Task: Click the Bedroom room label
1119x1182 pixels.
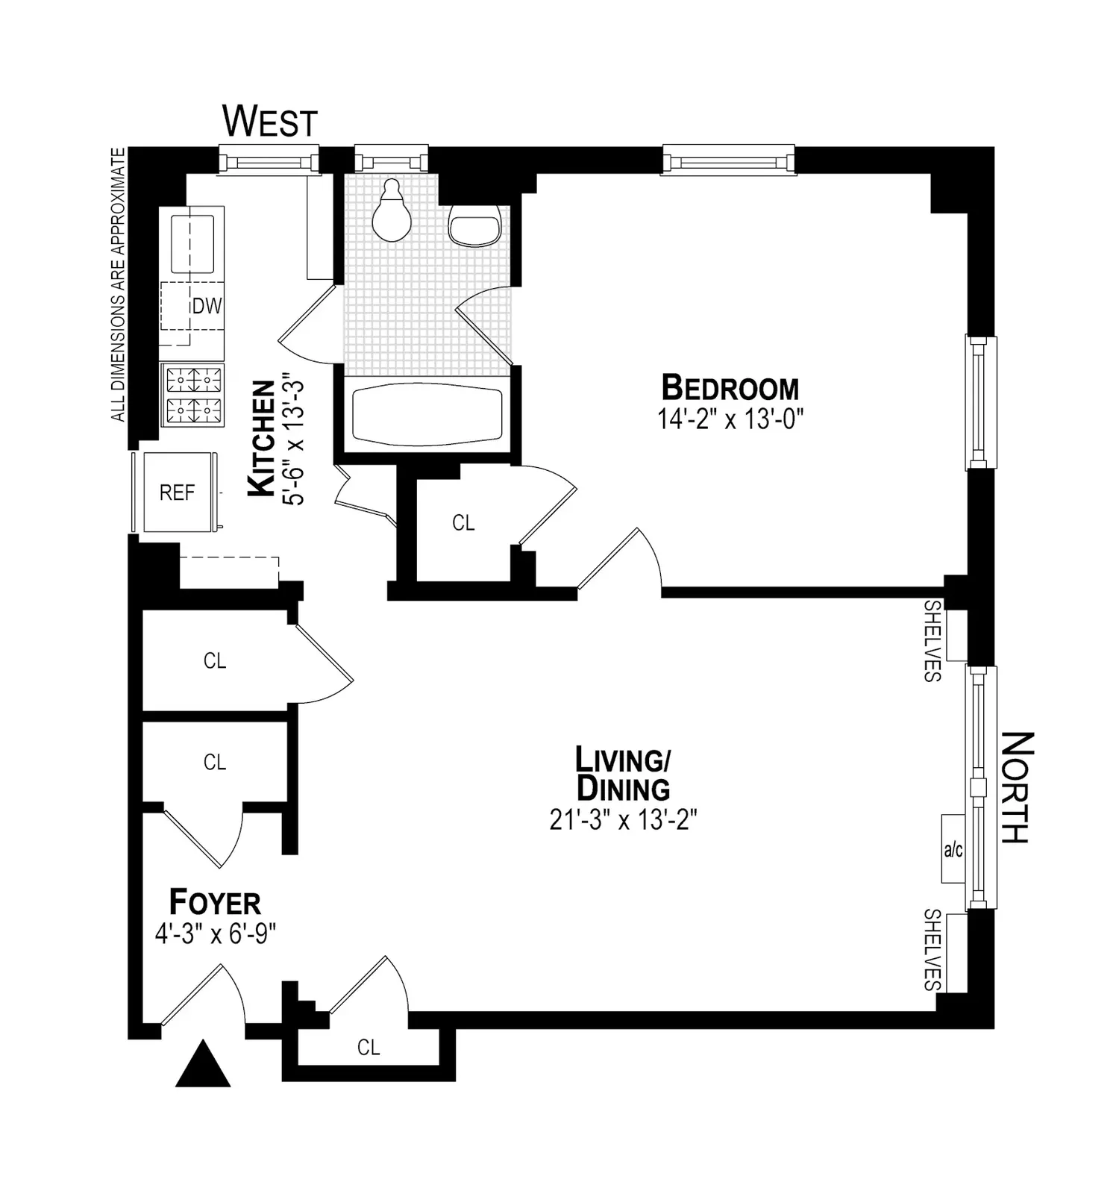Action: coord(730,389)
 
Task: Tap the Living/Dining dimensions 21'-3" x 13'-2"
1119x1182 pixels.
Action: coord(623,820)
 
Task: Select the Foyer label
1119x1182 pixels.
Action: coord(215,902)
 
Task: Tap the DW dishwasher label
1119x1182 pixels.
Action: coord(207,306)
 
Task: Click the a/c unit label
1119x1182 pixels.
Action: coord(953,849)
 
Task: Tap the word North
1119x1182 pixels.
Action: coord(1017,787)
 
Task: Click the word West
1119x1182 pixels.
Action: coord(270,121)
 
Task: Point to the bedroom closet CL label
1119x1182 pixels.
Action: coord(463,523)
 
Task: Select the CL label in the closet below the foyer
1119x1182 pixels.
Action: coord(369,1048)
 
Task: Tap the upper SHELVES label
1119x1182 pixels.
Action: coord(932,641)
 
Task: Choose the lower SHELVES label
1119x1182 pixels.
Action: coord(932,949)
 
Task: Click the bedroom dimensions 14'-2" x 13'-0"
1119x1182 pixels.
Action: coord(730,419)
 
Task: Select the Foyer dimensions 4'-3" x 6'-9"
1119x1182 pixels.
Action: coord(216,934)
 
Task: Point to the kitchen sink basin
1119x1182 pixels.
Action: coord(193,244)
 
